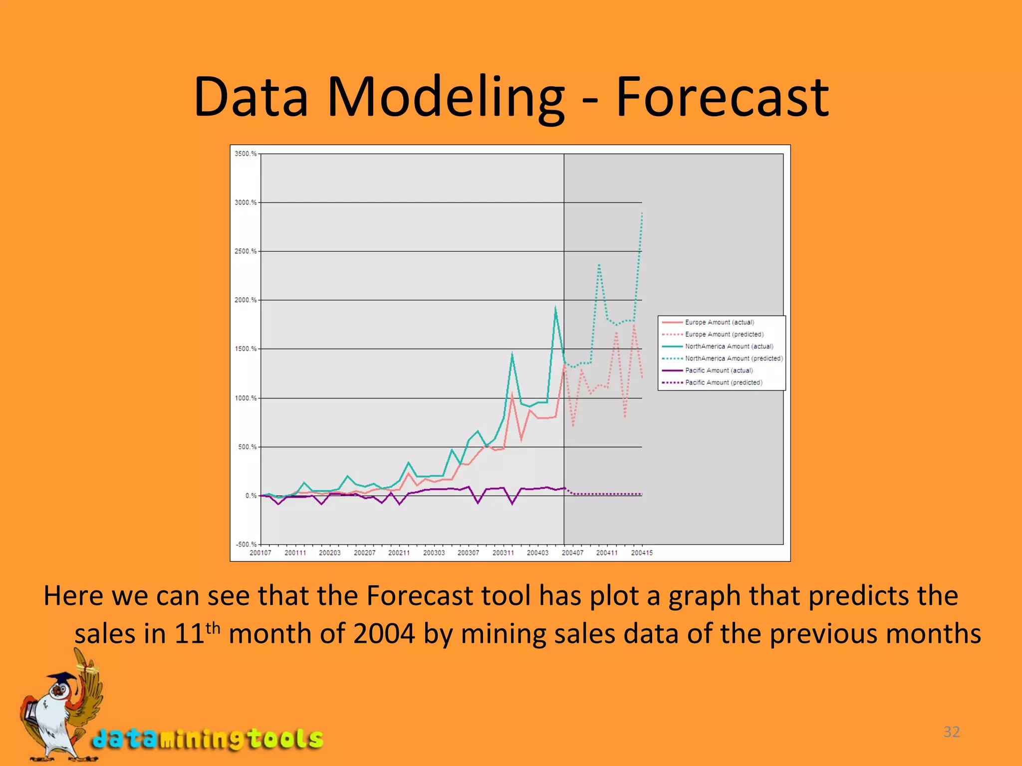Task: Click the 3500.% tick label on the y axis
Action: coord(245,154)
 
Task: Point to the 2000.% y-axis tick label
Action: coord(245,300)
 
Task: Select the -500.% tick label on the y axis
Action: coord(246,544)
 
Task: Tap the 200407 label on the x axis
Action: coord(572,553)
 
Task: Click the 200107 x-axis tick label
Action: coord(260,553)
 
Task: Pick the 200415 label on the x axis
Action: coord(642,553)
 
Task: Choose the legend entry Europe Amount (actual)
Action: coord(719,322)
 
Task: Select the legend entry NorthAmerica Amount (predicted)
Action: coord(734,358)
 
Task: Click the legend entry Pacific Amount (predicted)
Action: coord(724,383)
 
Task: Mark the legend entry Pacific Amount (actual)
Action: coord(719,371)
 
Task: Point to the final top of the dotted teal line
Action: coord(642,213)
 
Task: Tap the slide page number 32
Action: coord(951,732)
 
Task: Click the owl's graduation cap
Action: coord(62,679)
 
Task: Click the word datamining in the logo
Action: coord(170,739)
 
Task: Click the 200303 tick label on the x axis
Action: coord(434,553)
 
